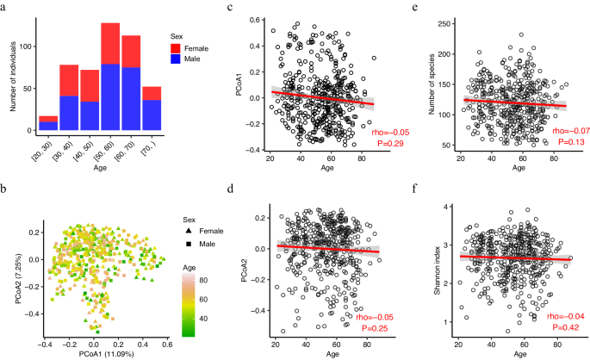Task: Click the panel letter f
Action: click(414, 195)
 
